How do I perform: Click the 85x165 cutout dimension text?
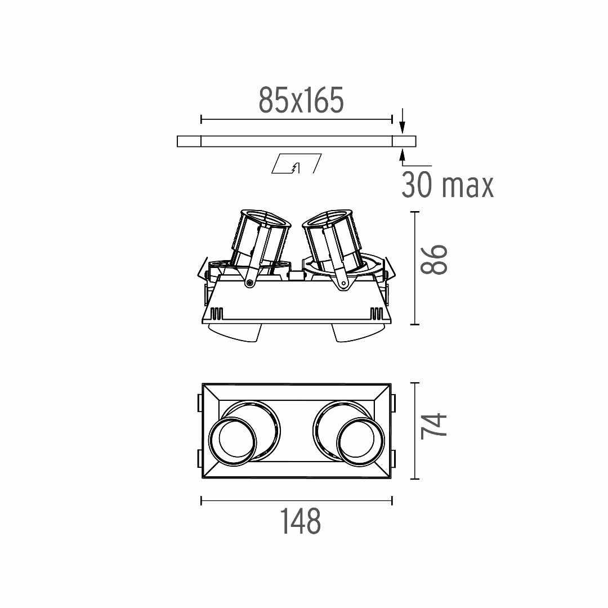coord(301,100)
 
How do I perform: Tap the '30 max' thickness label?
coord(448,185)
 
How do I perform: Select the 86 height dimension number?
coord(434,260)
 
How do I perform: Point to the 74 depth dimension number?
coord(434,426)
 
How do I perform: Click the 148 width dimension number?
coord(301,521)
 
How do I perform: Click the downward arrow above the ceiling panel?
coord(402,120)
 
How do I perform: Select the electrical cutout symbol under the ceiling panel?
coord(296,164)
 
